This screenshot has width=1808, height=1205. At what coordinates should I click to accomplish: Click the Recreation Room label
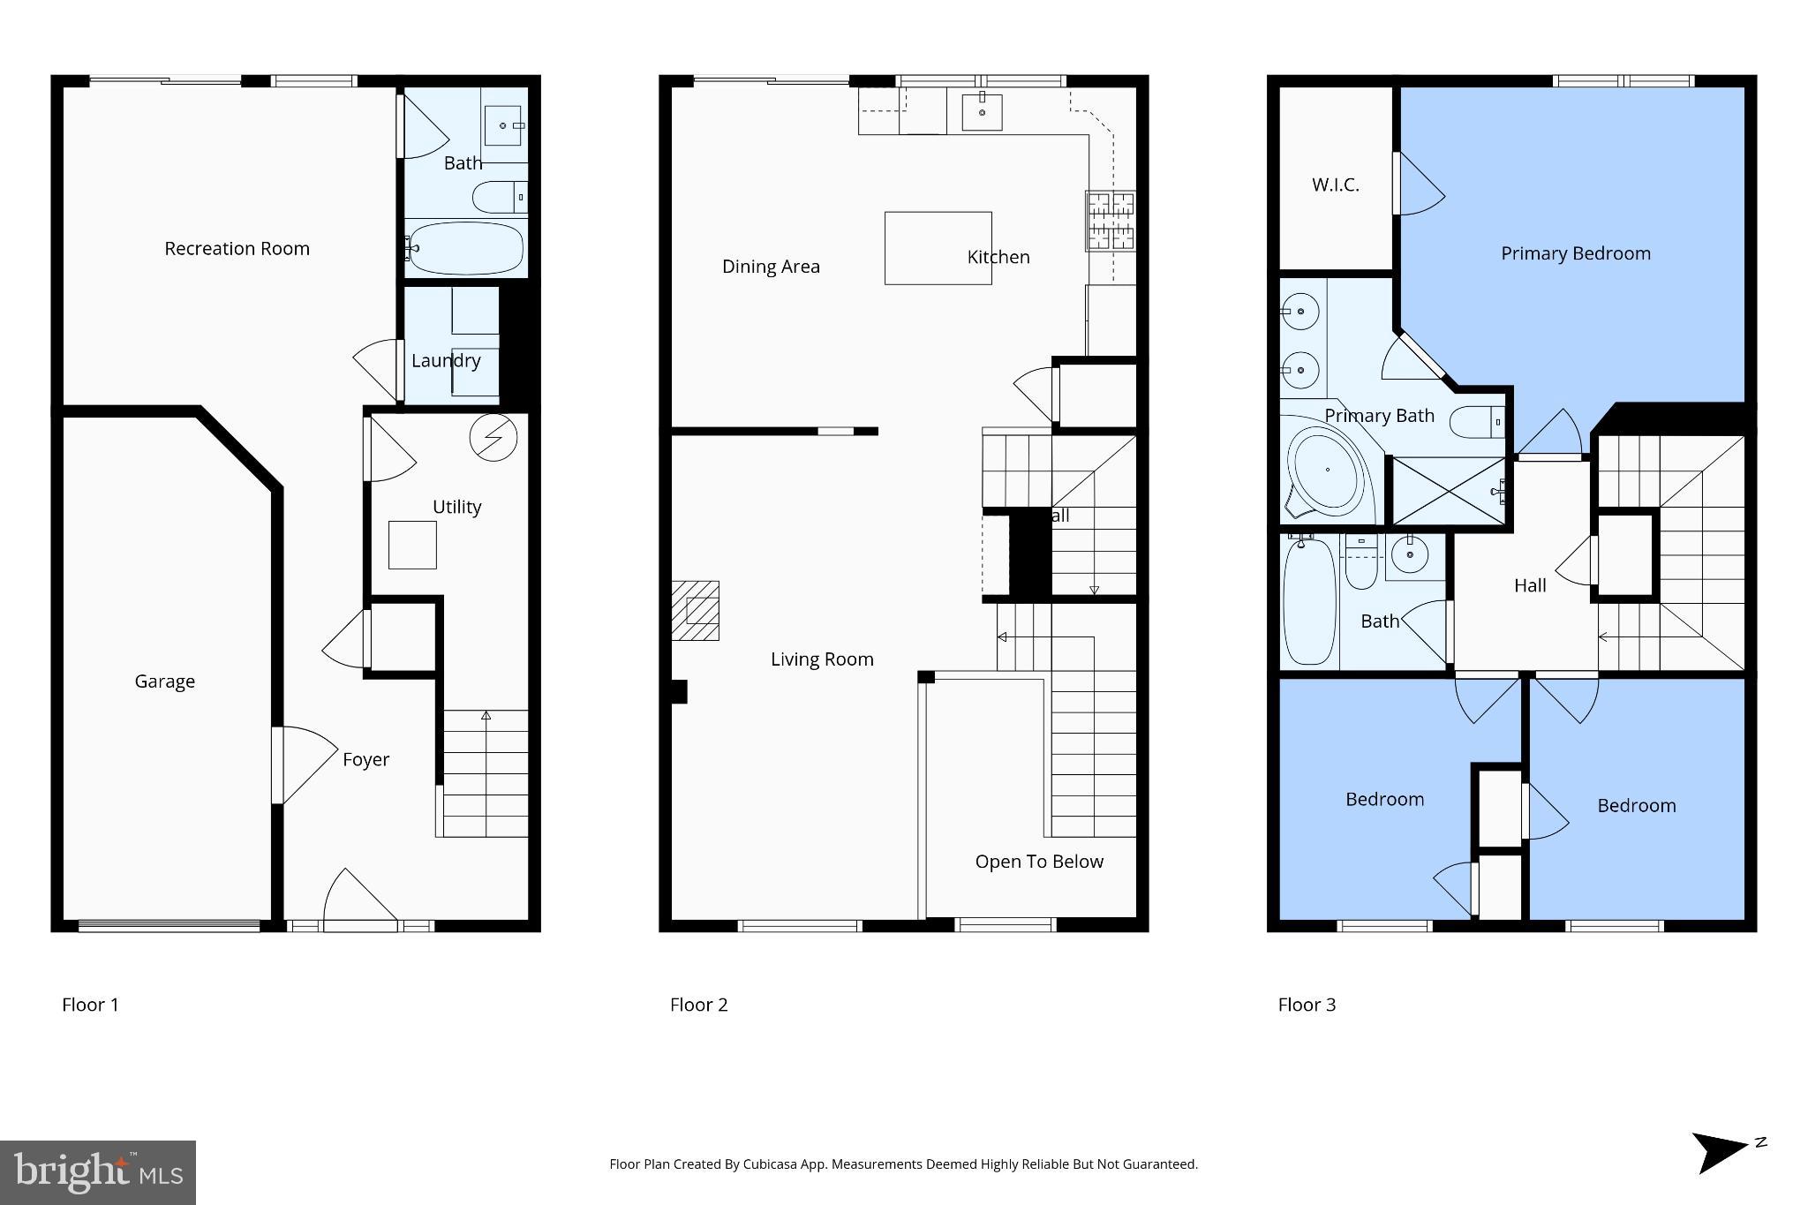point(237,249)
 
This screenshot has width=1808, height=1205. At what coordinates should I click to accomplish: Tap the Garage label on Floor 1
point(164,682)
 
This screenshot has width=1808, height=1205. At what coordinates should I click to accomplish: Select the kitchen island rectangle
point(938,248)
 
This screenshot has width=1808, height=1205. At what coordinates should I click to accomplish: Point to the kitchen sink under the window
point(982,112)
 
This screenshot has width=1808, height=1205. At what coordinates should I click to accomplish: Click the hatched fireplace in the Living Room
point(696,610)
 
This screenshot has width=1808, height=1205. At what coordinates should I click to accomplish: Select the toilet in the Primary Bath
point(1477,421)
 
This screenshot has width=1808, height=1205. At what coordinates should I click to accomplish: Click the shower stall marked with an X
point(1448,490)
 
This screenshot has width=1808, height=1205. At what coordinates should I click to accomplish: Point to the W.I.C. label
point(1335,185)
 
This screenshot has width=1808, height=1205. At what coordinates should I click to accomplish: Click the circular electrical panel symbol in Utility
point(493,437)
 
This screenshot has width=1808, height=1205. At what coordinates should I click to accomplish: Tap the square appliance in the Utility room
point(412,545)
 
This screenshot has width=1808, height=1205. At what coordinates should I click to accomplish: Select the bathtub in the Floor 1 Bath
point(465,248)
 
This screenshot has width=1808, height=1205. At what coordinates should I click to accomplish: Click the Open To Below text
point(1039,862)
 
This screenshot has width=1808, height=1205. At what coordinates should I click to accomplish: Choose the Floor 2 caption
point(698,1005)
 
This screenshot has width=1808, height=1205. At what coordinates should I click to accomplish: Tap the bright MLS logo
point(98,1172)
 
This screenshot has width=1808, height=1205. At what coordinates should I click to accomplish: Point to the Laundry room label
point(446,360)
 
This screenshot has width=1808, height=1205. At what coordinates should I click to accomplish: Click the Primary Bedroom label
point(1575,254)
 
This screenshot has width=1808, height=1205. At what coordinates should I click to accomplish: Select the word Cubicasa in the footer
point(767,1164)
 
